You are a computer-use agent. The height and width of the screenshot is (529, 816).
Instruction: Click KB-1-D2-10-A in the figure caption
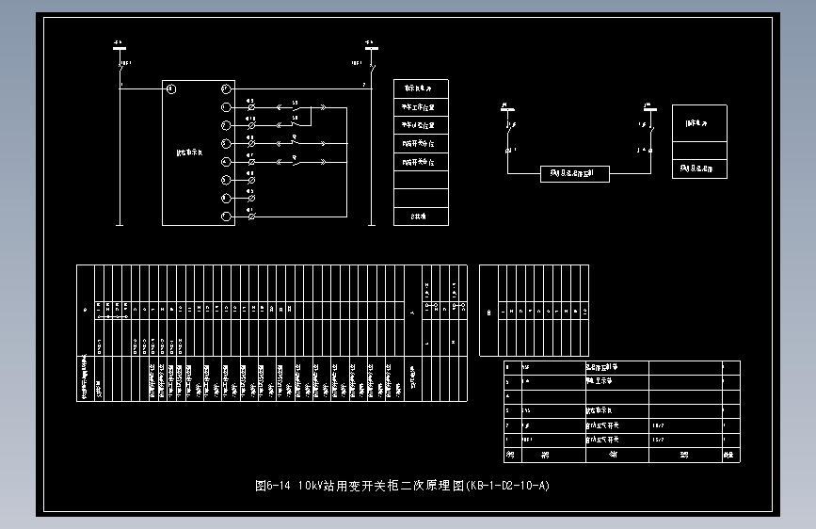508,486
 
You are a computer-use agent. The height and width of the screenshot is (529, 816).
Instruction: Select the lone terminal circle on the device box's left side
170,88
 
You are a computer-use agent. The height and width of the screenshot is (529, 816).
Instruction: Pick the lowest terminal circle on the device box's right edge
226,217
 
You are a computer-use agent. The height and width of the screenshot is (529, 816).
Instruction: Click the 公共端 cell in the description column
421,216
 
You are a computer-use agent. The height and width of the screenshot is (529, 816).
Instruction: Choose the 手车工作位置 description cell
421,107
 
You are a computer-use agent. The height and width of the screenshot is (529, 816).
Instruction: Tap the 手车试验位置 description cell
421,125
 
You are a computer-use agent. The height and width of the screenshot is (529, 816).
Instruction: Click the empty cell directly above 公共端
421,198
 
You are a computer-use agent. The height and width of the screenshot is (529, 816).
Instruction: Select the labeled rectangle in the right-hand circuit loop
575,173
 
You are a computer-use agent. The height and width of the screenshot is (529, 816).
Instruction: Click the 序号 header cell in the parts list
511,455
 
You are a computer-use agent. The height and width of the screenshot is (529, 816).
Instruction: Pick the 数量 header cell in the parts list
729,455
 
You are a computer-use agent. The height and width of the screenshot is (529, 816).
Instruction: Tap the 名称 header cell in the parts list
616,455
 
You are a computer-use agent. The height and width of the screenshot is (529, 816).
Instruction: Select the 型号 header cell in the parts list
684,455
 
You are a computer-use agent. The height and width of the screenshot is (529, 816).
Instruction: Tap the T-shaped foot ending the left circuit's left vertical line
120,225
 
